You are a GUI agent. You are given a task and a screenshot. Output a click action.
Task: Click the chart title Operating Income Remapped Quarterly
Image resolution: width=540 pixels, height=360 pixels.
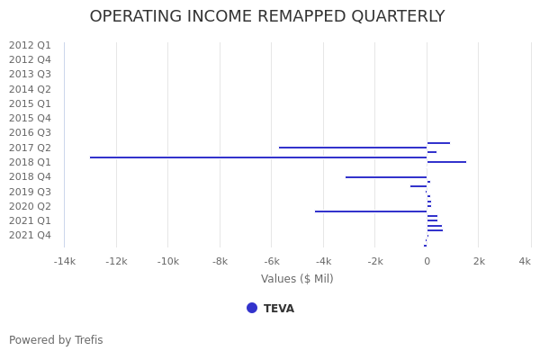[266, 17]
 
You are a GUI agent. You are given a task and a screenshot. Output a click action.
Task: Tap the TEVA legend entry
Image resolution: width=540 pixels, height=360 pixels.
[278, 309]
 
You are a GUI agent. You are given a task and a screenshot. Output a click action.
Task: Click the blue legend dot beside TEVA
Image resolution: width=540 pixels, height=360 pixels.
[252, 308]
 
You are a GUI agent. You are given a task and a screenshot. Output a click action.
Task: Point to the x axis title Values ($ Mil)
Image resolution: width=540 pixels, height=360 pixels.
[297, 279]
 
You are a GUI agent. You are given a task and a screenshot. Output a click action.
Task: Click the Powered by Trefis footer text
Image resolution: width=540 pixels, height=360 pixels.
[56, 340]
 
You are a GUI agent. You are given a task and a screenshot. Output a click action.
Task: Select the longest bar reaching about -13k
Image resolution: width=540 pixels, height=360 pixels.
[258, 157]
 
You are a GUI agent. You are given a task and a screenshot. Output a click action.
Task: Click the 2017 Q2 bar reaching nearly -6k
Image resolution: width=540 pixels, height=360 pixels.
[353, 148]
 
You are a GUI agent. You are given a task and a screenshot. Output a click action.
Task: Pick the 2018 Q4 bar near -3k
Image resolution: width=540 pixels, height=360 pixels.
[386, 177]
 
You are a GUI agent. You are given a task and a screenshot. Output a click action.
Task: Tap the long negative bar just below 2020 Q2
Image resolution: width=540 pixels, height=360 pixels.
[371, 211]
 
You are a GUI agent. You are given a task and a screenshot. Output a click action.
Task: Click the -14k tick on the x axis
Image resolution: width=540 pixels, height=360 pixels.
[64, 262]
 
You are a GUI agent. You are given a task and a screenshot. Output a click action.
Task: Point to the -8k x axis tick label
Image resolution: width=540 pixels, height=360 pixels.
[220, 262]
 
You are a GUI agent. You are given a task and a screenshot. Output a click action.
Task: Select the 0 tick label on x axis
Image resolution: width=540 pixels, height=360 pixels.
[427, 262]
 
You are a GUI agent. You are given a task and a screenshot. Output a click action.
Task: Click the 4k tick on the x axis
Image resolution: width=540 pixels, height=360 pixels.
[525, 262]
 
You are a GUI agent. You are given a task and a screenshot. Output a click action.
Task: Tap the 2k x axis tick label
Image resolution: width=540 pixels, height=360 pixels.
[479, 262]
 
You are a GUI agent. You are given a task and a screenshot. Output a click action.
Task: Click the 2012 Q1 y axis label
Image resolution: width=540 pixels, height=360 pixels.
[30, 45]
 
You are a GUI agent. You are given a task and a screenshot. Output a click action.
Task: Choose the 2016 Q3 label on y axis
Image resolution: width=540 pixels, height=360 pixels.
[30, 133]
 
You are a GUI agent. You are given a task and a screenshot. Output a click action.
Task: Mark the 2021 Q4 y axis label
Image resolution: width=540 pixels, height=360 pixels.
[30, 236]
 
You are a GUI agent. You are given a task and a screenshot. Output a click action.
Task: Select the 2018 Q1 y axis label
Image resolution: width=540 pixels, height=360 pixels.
[30, 162]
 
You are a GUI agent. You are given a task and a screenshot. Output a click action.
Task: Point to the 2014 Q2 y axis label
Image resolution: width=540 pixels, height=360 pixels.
[30, 89]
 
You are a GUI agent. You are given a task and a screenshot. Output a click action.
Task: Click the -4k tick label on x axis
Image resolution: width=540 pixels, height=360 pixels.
[323, 262]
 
